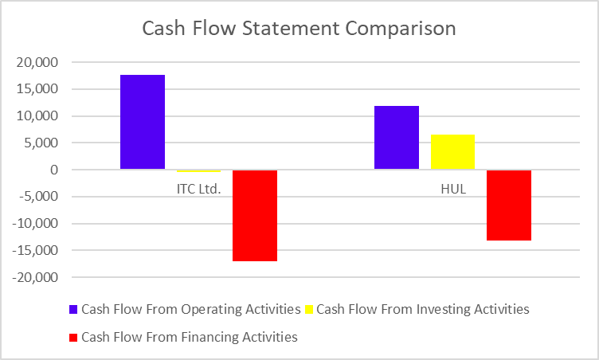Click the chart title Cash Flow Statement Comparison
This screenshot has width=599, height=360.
tap(299, 28)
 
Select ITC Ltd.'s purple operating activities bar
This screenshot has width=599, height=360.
tap(143, 122)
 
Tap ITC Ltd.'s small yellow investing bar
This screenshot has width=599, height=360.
tap(198, 171)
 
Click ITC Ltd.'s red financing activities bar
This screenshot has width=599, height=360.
tap(254, 215)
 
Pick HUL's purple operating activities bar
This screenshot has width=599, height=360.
tap(397, 138)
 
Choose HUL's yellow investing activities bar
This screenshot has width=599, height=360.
tap(452, 152)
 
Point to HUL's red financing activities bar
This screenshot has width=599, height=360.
tap(508, 205)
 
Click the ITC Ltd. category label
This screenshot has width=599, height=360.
tap(198, 190)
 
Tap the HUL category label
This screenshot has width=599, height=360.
tap(452, 190)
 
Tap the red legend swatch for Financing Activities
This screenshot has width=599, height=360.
tap(72, 338)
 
